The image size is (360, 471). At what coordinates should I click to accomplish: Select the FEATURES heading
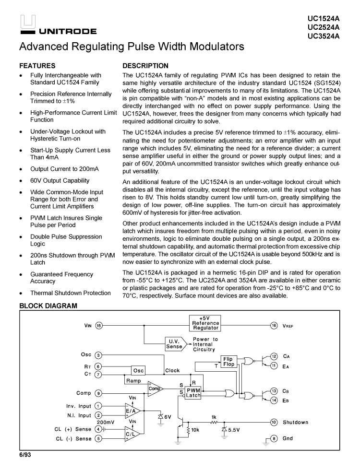click(37, 66)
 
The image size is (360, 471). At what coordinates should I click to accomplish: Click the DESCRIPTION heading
click(145, 66)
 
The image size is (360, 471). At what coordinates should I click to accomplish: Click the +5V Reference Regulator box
click(205, 323)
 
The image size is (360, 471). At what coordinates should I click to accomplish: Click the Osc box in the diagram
click(138, 371)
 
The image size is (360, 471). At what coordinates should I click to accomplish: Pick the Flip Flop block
click(228, 362)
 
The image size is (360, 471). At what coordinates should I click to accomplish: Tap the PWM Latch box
click(193, 393)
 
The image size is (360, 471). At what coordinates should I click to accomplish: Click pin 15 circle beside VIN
click(99, 326)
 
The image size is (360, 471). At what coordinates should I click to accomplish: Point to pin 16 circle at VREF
click(274, 326)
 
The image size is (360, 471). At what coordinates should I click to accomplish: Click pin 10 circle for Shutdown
click(274, 423)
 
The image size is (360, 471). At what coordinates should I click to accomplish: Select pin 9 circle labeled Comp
click(98, 393)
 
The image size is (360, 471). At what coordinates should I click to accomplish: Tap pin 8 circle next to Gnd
click(274, 438)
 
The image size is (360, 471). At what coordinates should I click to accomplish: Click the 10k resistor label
click(195, 430)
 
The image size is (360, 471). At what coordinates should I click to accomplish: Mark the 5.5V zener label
click(234, 430)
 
